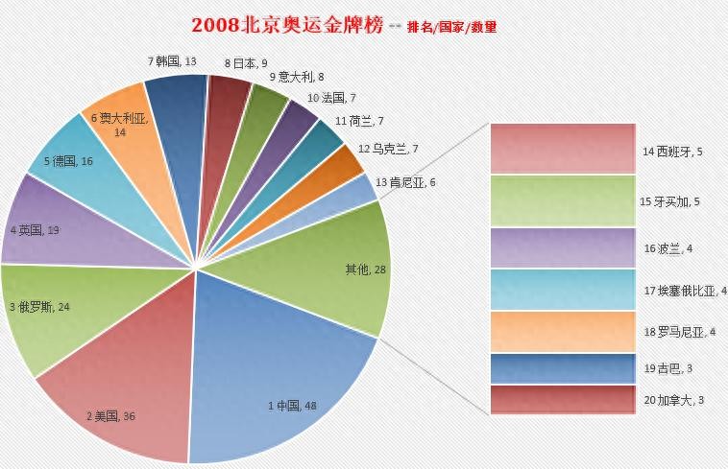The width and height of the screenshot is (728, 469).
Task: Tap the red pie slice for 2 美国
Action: [125, 384]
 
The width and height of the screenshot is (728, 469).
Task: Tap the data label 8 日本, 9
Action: [242, 63]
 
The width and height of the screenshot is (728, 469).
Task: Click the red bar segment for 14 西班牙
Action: [562, 148]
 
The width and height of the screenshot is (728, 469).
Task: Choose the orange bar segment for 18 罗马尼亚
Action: [562, 332]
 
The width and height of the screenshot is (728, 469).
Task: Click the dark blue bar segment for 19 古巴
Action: [562, 368]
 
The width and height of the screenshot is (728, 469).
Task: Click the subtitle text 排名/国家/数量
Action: [452, 27]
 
